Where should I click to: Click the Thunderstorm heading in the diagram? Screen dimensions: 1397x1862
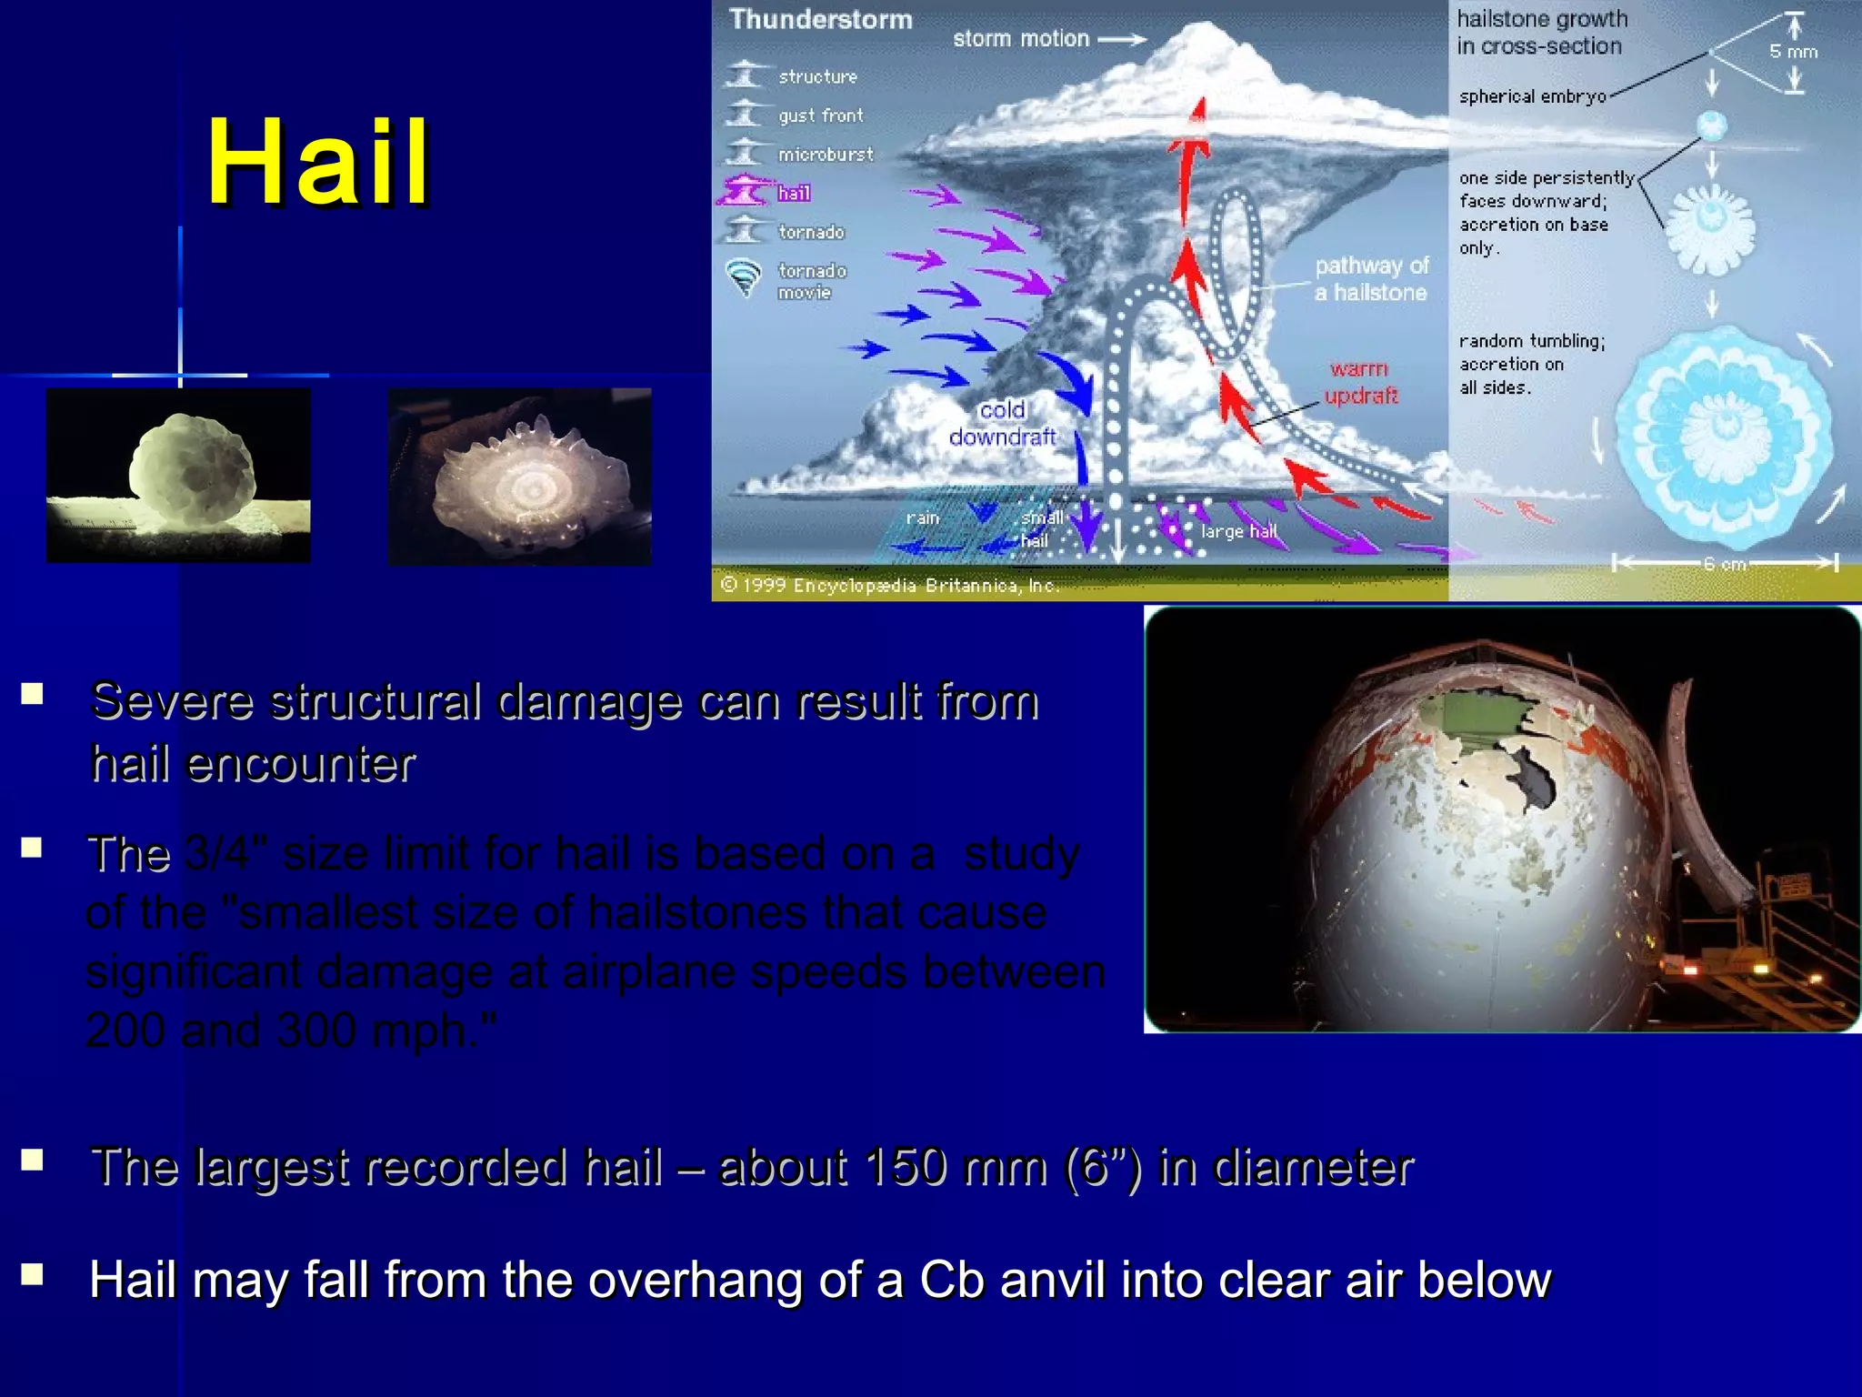pos(820,20)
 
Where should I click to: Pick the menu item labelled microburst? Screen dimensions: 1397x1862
pos(825,155)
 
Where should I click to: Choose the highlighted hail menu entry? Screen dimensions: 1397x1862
pos(794,193)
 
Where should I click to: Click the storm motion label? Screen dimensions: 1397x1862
pos(1020,39)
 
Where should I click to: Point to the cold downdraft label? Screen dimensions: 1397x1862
pos(1002,424)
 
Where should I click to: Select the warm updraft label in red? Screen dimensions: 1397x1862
pos(1360,382)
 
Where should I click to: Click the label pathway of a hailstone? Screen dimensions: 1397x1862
pos(1371,279)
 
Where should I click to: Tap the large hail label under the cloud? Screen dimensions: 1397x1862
pos(1238,531)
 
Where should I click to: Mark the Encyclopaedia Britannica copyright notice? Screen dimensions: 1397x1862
pos(891,585)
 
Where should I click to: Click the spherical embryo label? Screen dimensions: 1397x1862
pos(1532,96)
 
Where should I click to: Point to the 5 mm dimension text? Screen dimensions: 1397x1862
pos(1793,52)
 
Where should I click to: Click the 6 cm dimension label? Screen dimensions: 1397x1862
pos(1725,565)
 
